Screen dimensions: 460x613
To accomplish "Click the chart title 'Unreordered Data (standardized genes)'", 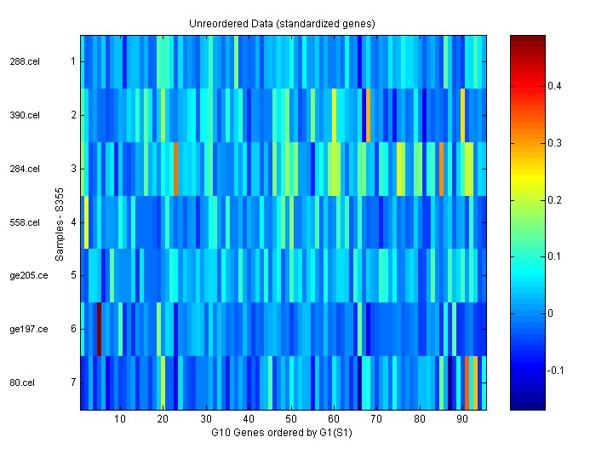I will coord(282,23).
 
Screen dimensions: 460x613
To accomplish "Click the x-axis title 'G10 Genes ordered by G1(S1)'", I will coord(282,433).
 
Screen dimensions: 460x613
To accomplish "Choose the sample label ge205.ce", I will coord(26,275).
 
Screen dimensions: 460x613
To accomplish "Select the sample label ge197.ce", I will coord(26,329).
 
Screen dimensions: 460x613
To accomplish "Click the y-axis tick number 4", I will coord(73,222).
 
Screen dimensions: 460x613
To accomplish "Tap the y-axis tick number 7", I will coord(73,382).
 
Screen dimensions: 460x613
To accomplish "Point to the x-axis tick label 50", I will coord(291,419).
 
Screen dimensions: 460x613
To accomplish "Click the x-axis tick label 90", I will coord(462,419).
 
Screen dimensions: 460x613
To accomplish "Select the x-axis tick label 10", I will coord(120,419).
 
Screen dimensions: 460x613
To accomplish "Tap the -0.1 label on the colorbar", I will coord(558,371).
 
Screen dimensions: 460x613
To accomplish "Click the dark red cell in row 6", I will coord(100,329).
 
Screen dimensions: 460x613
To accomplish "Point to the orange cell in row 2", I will coord(368,115).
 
